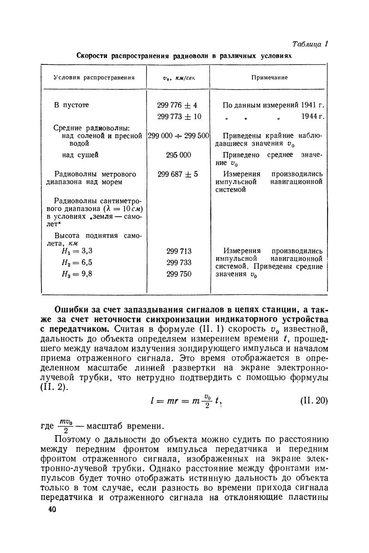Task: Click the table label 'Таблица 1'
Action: coord(310,44)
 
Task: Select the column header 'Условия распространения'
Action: coord(94,77)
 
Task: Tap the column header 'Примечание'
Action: coord(269,77)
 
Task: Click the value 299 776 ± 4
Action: coord(178,105)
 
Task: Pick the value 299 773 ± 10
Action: coord(178,117)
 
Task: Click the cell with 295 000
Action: coord(178,155)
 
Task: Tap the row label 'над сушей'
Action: coord(80,155)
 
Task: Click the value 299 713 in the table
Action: coord(178,252)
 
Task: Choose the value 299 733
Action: coord(178,263)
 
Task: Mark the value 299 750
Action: coord(178,274)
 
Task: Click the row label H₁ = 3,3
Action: coord(77,252)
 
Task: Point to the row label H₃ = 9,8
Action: coord(77,274)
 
